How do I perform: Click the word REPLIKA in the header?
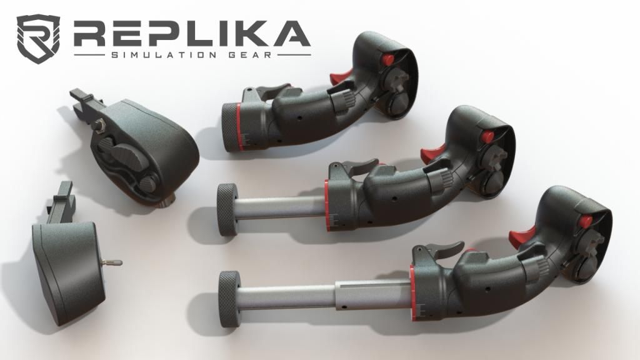pos(192,34)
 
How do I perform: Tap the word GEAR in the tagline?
pos(250,55)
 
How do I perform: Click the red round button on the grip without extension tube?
pos(387,59)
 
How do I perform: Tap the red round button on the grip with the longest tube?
pos(586,222)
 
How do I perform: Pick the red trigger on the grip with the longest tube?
pos(522,235)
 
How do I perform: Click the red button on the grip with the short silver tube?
pos(487,137)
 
